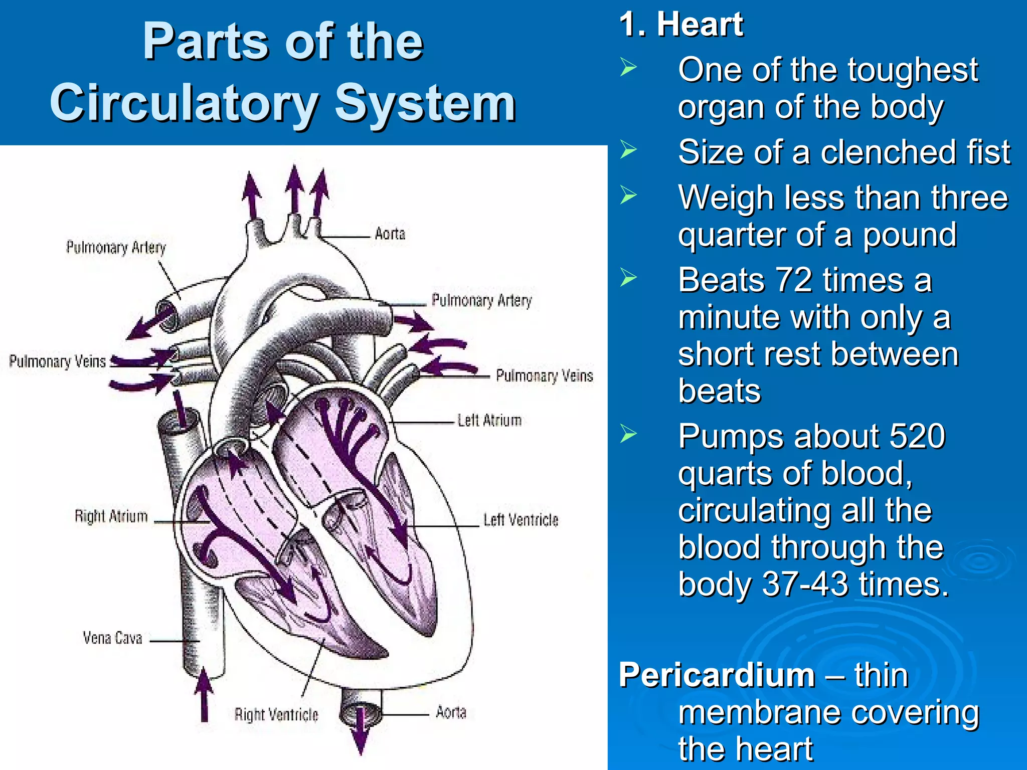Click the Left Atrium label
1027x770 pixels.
click(489, 420)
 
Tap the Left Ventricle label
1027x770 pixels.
click(521, 520)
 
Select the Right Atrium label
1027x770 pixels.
click(111, 516)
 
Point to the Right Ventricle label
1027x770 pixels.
click(276, 714)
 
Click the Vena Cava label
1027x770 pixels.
click(112, 638)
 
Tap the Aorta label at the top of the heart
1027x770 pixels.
click(390, 234)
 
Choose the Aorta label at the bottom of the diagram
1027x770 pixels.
click(451, 712)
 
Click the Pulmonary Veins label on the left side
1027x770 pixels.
click(57, 361)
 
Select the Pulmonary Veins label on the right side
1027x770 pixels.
click(544, 375)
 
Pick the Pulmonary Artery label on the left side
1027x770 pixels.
click(116, 247)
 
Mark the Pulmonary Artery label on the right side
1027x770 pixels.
click(481, 300)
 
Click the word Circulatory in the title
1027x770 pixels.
click(184, 103)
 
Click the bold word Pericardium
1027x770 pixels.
click(717, 675)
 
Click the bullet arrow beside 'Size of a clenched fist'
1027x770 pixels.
click(628, 150)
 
